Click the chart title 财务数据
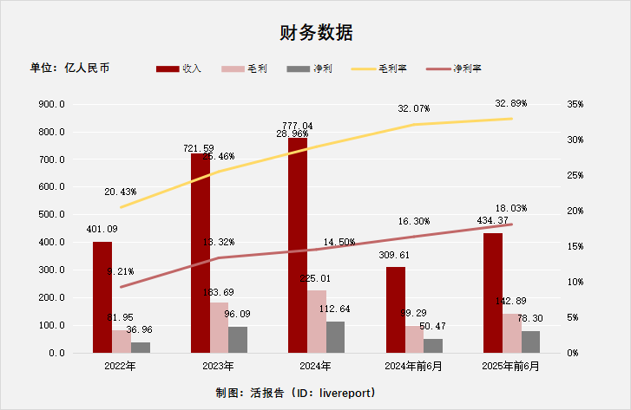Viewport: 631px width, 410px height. click(315, 34)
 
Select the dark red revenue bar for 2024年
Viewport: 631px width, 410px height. click(298, 247)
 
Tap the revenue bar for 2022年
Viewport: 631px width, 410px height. click(102, 297)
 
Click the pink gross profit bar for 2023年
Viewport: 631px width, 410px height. click(219, 328)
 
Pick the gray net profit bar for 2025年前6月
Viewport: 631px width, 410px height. click(530, 342)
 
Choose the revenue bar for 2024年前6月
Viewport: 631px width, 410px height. click(396, 309)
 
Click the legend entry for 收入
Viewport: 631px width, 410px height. click(180, 68)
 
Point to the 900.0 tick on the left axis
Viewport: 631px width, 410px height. click(53, 105)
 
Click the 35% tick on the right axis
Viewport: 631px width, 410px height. click(575, 104)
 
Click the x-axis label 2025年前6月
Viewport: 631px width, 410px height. click(511, 367)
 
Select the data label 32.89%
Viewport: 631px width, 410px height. click(511, 103)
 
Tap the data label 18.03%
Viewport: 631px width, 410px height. click(511, 209)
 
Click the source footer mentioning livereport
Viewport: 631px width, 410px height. click(296, 393)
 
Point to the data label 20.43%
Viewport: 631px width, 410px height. click(120, 192)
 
